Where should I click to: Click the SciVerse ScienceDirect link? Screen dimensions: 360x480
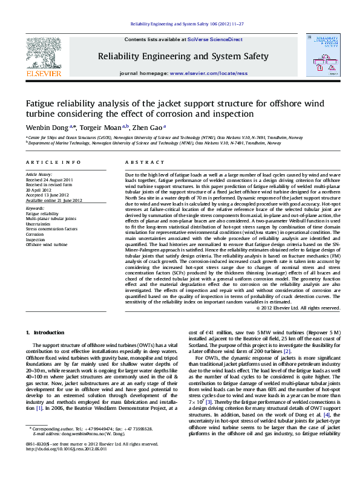(215, 39)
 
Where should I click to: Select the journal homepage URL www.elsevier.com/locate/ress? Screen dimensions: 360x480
(209, 73)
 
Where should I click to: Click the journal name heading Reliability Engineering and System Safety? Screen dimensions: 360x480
(183, 56)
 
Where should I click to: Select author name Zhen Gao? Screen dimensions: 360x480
(148, 128)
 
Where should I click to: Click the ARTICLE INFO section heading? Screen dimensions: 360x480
(53, 163)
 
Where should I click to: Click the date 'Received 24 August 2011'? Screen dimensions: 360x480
(49, 180)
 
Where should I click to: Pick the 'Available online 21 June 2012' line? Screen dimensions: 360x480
(53, 199)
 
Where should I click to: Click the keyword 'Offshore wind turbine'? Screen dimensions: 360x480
(47, 245)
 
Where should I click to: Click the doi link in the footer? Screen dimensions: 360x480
(65, 465)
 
